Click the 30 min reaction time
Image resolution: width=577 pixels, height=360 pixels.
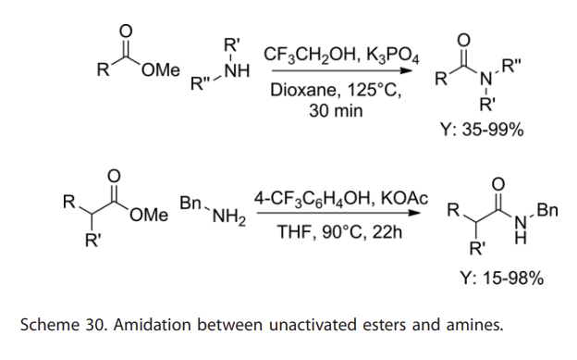pos(336,111)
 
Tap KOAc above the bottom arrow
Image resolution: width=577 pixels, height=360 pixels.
pos(405,199)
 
